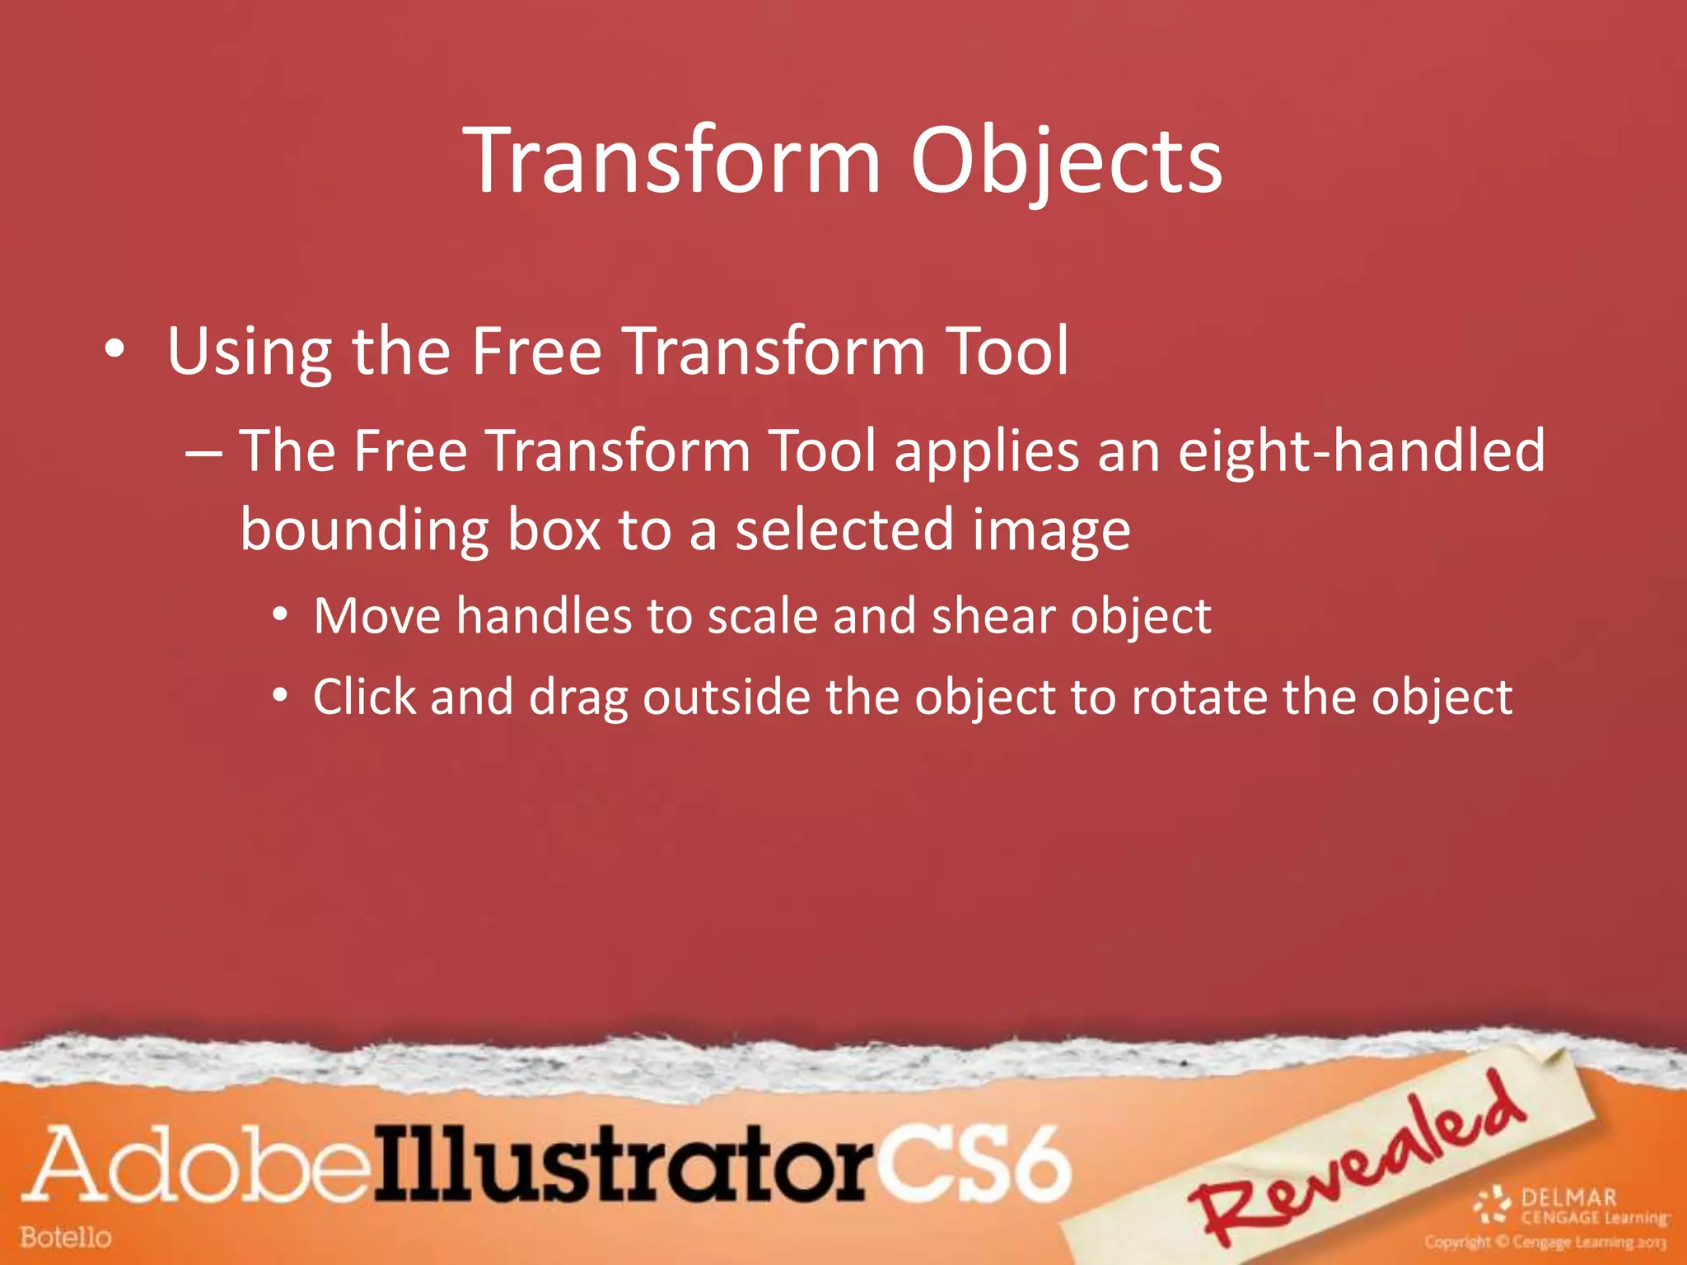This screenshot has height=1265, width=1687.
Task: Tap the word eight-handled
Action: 1362,452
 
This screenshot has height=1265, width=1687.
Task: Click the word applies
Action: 987,452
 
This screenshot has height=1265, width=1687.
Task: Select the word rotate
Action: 1199,698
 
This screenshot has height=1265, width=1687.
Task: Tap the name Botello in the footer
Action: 66,1237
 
